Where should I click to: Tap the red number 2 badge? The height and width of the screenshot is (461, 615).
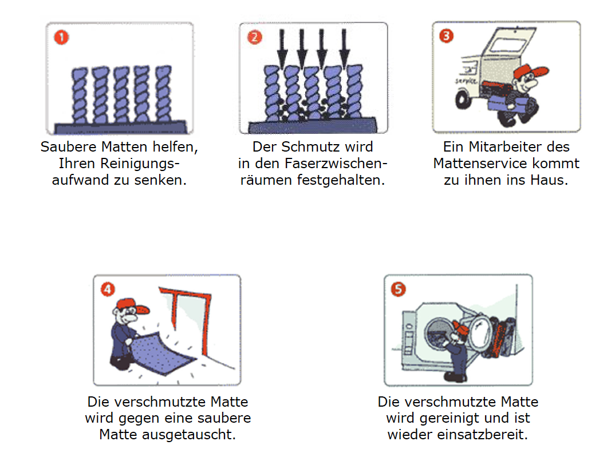tap(254, 38)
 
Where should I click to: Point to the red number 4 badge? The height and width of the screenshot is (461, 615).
tap(108, 289)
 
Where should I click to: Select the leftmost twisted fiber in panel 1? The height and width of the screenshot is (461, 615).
tap(80, 94)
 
